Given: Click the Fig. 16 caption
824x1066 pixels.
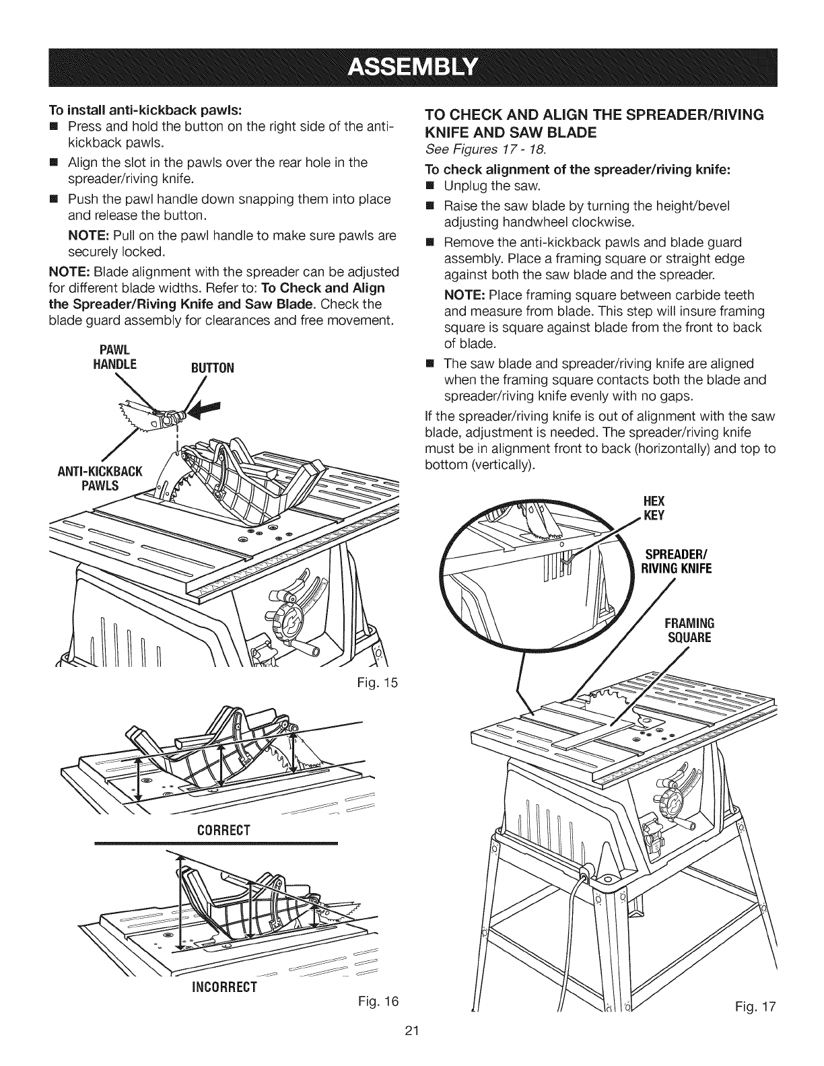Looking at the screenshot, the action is (x=381, y=1001).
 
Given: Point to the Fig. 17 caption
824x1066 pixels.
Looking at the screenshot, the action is (x=757, y=1007).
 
